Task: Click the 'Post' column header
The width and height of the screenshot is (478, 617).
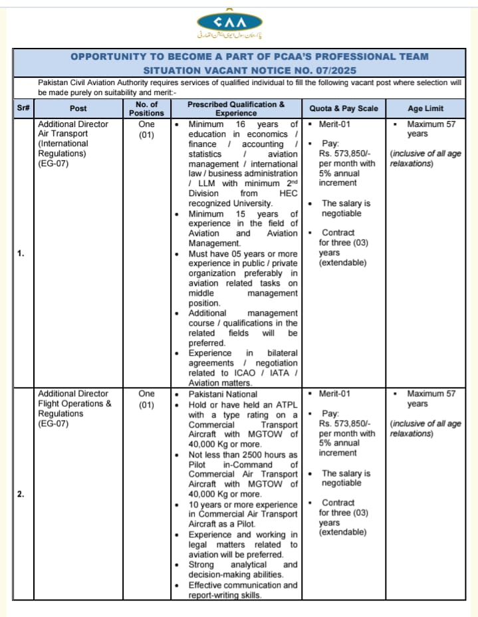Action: pyautogui.click(x=78, y=108)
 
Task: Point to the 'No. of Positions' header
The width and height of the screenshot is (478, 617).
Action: pyautogui.click(x=146, y=108)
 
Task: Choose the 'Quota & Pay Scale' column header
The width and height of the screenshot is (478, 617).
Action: pyautogui.click(x=344, y=108)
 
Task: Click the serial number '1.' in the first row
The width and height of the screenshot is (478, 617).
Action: pyautogui.click(x=21, y=252)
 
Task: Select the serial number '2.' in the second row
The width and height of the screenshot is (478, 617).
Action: pyautogui.click(x=21, y=493)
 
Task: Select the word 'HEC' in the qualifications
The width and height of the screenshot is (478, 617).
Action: pyautogui.click(x=288, y=193)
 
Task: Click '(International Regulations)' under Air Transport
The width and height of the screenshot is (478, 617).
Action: pyautogui.click(x=63, y=148)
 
